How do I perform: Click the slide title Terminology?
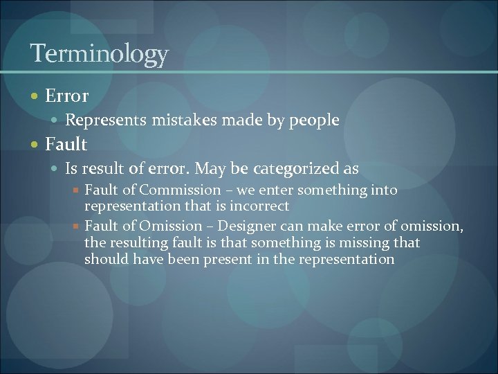click(x=99, y=54)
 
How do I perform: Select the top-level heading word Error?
click(x=66, y=96)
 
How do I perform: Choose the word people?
click(x=315, y=121)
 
